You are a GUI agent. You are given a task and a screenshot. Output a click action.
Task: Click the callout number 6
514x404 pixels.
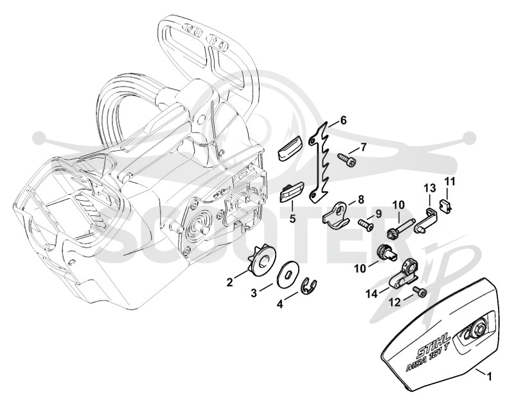(x=342, y=121)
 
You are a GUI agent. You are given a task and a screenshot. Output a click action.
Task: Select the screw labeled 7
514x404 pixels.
(x=346, y=160)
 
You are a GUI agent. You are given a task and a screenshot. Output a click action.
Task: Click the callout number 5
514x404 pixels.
(x=292, y=218)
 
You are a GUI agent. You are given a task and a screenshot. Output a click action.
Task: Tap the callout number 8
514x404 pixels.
(x=360, y=199)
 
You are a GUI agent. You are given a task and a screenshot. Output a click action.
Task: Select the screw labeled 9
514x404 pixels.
(x=366, y=225)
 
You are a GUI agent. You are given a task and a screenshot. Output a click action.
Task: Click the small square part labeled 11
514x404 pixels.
(x=445, y=206)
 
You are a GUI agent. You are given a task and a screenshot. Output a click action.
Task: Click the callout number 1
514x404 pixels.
(x=489, y=377)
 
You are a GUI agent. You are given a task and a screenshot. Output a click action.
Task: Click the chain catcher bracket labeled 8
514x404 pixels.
(x=337, y=216)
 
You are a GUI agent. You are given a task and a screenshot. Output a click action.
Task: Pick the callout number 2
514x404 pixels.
(x=230, y=282)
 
